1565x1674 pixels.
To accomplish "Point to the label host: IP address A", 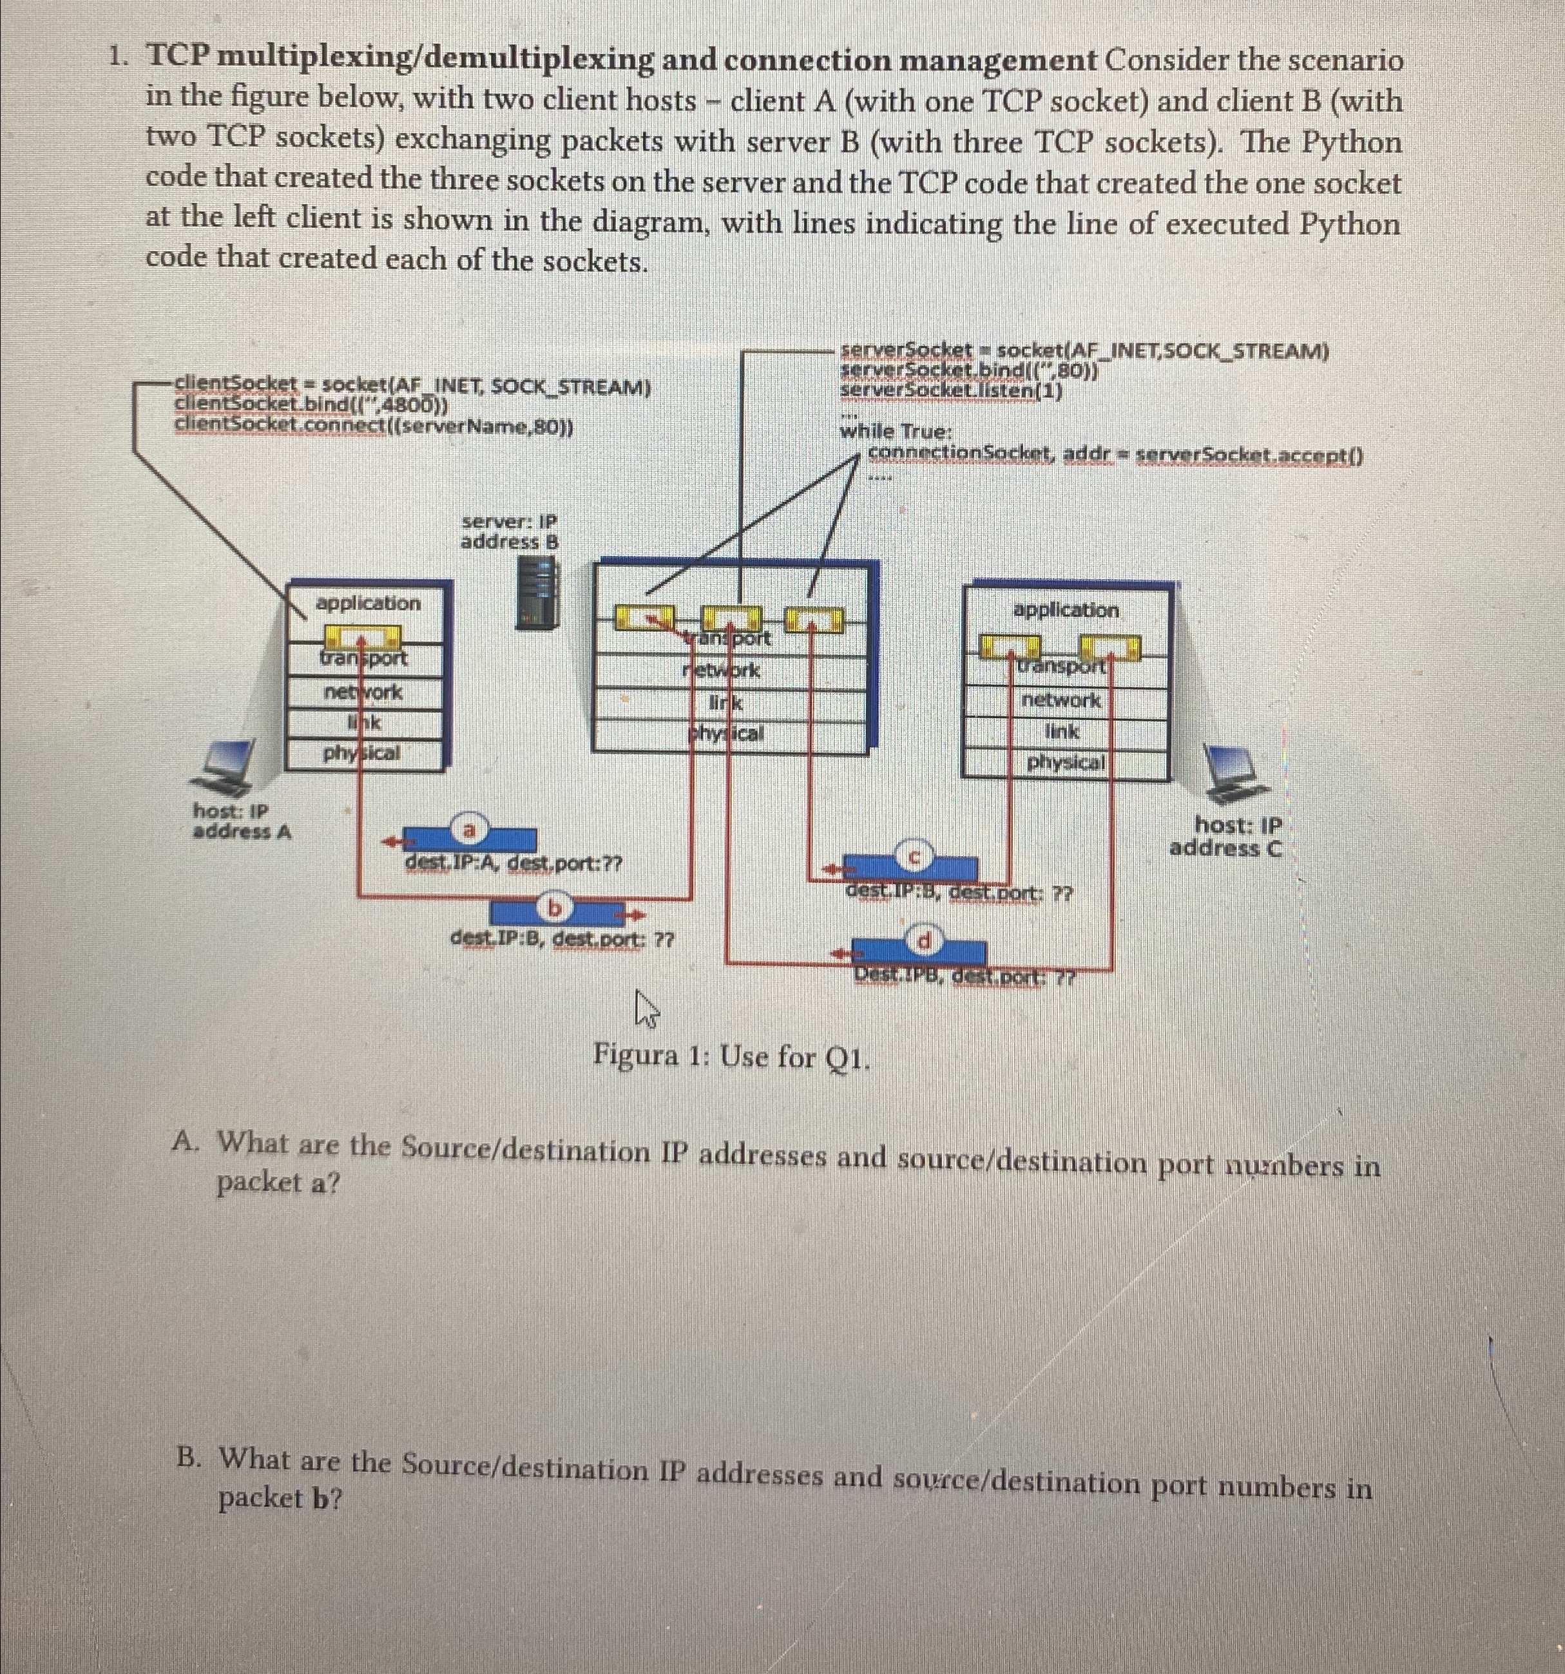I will pos(240,822).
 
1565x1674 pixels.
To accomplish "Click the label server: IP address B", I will pos(509,532).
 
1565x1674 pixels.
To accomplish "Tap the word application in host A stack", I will pos(367,603).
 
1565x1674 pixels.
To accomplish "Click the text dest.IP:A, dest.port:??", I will pos(513,863).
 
